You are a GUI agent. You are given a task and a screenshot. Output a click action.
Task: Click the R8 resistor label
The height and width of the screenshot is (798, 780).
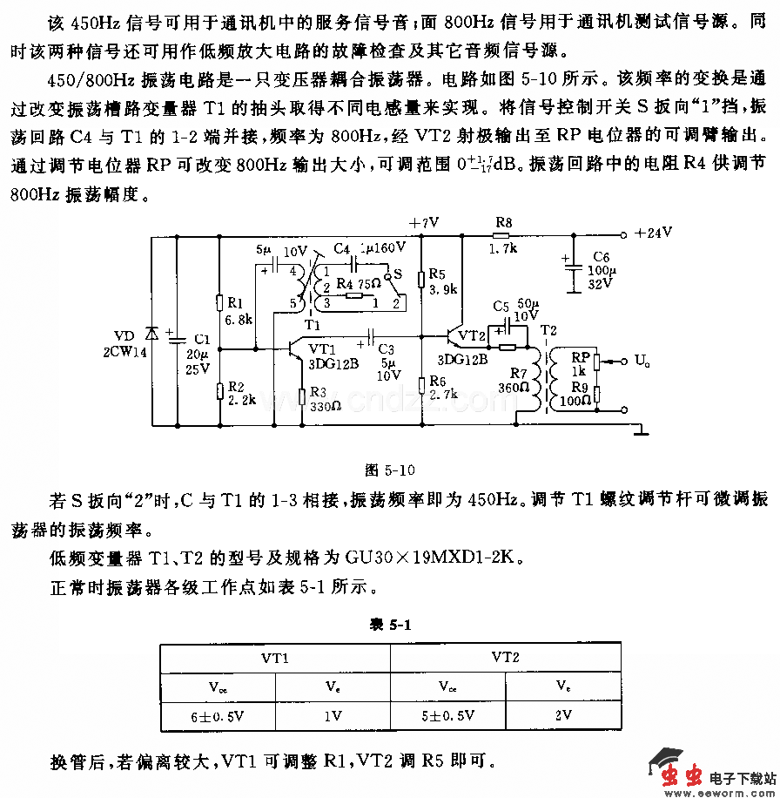click(x=503, y=223)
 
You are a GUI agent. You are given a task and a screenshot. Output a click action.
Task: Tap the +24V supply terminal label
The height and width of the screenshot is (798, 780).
click(x=654, y=233)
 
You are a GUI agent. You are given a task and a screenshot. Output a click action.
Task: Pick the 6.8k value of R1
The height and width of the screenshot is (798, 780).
click(x=238, y=320)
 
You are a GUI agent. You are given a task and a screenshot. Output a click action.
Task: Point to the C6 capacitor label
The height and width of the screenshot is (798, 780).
click(x=602, y=255)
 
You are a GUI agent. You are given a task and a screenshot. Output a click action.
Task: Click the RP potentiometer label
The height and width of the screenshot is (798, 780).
click(x=581, y=356)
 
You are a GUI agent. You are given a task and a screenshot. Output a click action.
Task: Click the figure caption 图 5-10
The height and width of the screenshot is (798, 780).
click(x=389, y=470)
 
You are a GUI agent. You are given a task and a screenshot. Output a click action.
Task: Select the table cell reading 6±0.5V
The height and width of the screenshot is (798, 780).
click(x=218, y=715)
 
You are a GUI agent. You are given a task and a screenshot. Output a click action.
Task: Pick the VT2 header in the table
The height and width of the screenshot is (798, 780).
click(x=505, y=657)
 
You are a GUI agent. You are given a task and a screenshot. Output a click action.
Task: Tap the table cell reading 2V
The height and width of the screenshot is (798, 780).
click(x=563, y=715)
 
